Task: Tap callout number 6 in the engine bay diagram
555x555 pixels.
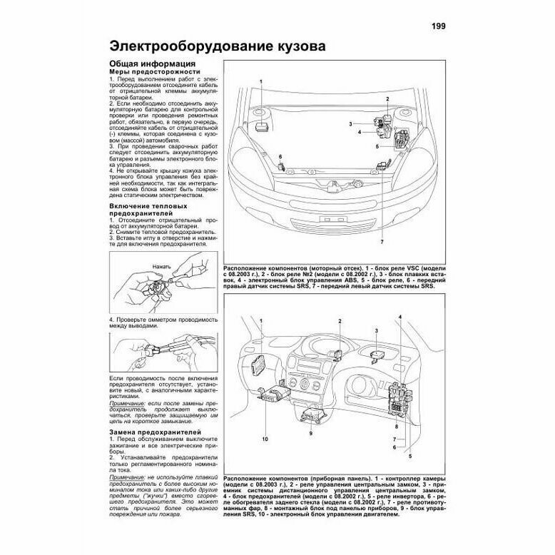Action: pos(280,156)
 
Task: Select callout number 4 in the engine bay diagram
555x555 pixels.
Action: pos(360,132)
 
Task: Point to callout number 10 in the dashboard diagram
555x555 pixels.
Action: pos(264,439)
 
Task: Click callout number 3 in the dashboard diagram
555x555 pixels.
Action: pos(376,332)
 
